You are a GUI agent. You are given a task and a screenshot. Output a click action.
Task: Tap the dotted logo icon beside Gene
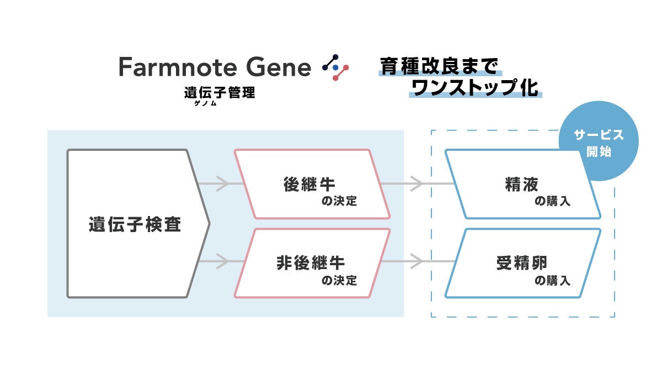pos(336,68)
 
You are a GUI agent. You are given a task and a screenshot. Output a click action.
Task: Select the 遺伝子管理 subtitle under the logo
pos(220,92)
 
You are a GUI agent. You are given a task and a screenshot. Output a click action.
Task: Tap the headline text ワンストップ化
pos(475,88)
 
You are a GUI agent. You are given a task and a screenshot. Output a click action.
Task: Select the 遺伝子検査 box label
pos(135,224)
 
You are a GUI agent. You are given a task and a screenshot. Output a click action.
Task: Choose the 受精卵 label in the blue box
pos(521,262)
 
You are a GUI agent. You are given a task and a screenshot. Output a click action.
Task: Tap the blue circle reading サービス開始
pos(599,141)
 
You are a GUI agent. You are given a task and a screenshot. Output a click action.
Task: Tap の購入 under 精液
pos(552,202)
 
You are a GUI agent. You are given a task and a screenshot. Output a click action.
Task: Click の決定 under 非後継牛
pos(339,281)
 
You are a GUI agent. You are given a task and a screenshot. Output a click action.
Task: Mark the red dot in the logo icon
pos(335,78)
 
